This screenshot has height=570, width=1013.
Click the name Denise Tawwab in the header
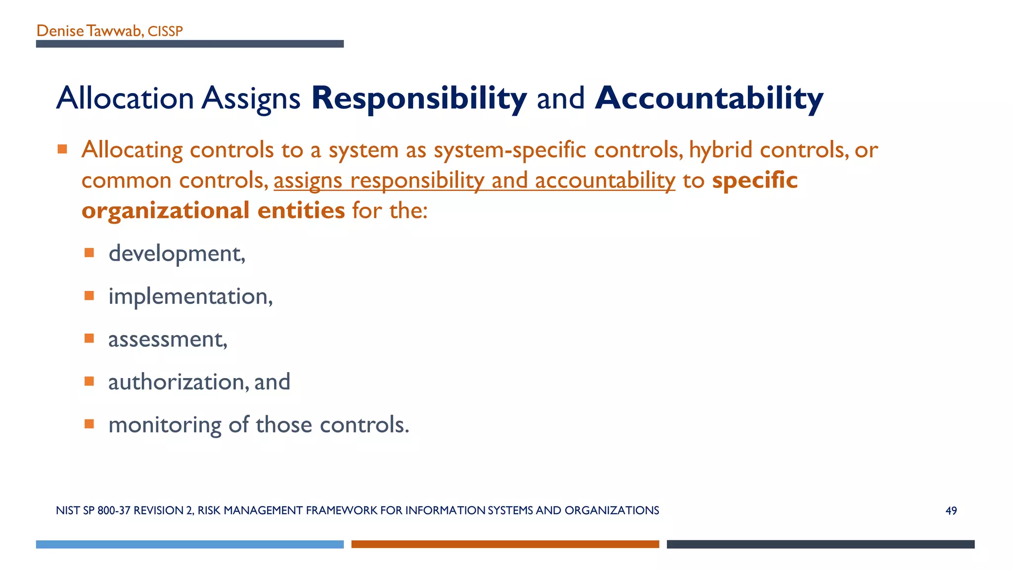(89, 31)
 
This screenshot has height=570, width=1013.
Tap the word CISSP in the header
(165, 32)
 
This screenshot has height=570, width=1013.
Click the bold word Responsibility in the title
(418, 98)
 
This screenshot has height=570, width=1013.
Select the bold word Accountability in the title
(709, 98)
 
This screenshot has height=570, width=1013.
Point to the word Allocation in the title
(125, 98)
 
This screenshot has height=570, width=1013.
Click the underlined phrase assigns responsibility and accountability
(474, 181)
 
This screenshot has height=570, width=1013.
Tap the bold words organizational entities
(213, 210)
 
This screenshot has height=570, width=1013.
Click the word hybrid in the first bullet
(721, 149)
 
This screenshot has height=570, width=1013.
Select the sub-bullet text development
(176, 254)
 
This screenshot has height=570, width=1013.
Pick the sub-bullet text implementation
(190, 296)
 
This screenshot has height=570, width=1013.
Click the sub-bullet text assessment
(167, 339)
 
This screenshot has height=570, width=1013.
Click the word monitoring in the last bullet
(165, 425)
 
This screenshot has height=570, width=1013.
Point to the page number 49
(951, 511)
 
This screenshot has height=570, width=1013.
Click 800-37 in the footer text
(114, 511)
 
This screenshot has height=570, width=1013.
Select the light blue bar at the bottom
(189, 544)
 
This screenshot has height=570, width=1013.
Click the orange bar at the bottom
(505, 544)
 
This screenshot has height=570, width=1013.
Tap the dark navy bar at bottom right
(820, 544)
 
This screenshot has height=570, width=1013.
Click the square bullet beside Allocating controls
(62, 149)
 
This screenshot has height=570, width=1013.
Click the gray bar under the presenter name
(189, 44)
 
